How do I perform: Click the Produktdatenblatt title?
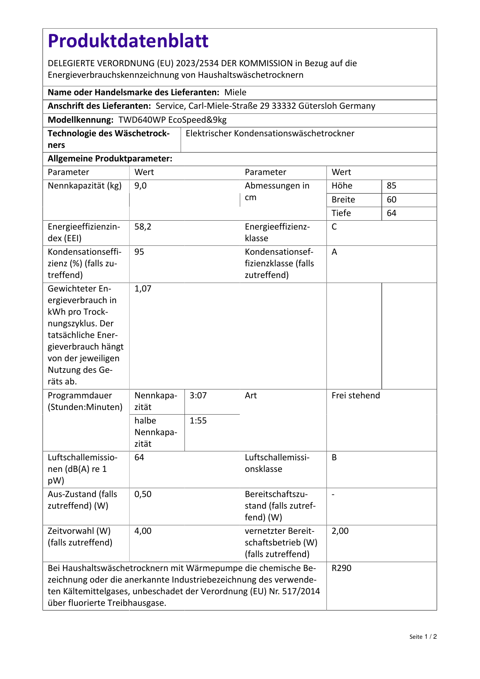tap(128, 41)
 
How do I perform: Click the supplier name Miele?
tap(235, 93)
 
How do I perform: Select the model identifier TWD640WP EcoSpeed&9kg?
tap(173, 120)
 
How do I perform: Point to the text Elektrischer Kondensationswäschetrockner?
tap(270, 134)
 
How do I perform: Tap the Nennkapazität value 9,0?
tap(140, 186)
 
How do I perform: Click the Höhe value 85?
tap(391, 186)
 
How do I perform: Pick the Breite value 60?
tap(391, 200)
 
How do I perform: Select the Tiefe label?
tap(341, 213)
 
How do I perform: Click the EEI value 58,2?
tap(143, 227)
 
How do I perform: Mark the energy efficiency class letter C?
tap(334, 227)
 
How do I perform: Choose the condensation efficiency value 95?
tap(139, 252)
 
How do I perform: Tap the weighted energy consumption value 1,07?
tap(143, 289)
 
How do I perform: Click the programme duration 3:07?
tap(198, 396)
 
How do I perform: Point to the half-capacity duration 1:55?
tap(198, 421)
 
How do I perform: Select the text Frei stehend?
tap(355, 396)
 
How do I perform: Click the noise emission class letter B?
tap(334, 458)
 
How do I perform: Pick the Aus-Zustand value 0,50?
tap(143, 494)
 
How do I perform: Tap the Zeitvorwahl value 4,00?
tap(143, 531)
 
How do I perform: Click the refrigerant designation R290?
tap(341, 568)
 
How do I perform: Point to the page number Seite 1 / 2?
tap(423, 637)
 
